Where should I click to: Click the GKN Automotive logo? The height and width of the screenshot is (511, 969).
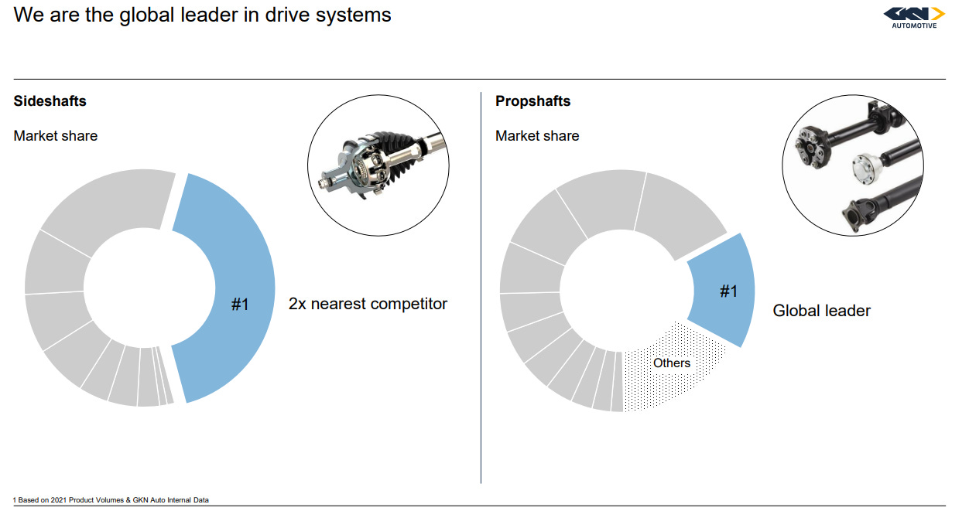(x=914, y=17)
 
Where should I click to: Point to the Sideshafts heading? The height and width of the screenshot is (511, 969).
(x=50, y=101)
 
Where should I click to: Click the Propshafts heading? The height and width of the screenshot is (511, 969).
(x=532, y=101)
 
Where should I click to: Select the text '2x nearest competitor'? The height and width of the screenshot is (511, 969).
(x=368, y=304)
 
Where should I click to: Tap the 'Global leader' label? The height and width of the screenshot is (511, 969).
(x=821, y=311)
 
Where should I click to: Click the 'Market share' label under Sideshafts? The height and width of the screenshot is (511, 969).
(x=56, y=136)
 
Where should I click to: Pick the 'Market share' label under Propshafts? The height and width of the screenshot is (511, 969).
(x=537, y=136)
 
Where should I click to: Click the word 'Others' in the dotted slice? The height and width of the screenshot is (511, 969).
(x=671, y=363)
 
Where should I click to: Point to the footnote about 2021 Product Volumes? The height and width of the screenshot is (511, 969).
(x=111, y=500)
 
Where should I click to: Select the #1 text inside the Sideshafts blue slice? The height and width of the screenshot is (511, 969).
(x=240, y=305)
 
